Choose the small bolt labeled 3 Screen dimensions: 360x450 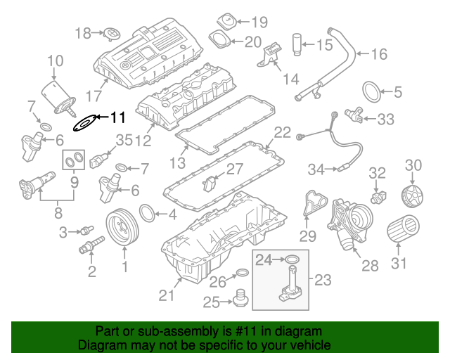click(88, 230)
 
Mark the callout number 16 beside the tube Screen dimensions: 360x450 click(378, 54)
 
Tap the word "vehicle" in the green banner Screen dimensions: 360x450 click(309, 346)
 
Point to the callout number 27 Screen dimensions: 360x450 click(233, 169)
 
